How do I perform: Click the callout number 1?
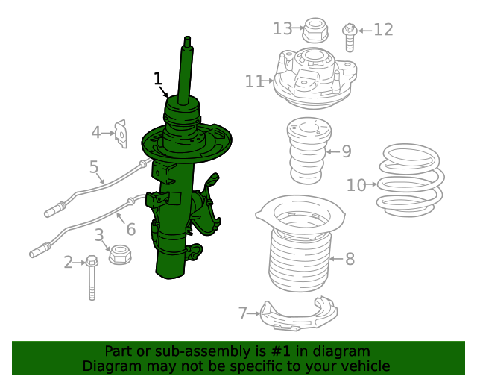[158, 78]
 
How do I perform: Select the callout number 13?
[282, 28]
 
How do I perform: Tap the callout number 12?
[383, 30]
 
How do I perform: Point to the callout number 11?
[254, 81]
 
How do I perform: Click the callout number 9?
[346, 151]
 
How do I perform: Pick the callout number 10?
[356, 184]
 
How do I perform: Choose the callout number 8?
[350, 259]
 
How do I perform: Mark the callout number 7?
[242, 313]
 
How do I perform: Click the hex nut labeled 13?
[313, 31]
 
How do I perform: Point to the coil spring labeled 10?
[411, 178]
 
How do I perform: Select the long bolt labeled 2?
[92, 277]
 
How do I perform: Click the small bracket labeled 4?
[119, 134]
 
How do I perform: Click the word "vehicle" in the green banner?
[365, 366]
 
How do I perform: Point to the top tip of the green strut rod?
[187, 39]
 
